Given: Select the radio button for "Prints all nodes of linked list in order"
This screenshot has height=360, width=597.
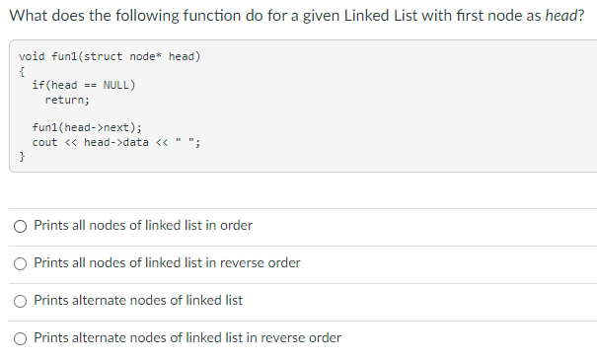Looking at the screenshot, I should (x=21, y=226).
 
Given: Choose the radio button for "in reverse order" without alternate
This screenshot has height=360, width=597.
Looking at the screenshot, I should (x=21, y=263).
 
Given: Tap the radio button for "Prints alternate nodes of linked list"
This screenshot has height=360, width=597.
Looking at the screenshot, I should (x=21, y=300).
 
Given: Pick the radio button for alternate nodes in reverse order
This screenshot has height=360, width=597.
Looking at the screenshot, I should (x=21, y=338).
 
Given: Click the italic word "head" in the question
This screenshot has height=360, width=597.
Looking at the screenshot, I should (x=563, y=17).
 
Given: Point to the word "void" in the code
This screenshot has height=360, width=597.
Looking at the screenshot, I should (x=31, y=56).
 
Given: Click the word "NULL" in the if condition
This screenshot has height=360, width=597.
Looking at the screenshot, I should (x=118, y=85).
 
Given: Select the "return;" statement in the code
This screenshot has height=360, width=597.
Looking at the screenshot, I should (x=67, y=99).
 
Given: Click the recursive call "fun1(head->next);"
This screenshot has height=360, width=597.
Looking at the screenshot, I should (x=87, y=127).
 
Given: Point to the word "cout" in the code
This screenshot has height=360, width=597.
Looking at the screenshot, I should (x=44, y=142).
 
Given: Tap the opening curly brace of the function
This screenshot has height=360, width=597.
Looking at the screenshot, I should (x=22, y=70).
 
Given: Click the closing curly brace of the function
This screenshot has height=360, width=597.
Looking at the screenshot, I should (x=22, y=156).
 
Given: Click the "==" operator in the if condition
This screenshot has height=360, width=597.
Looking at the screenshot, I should (x=90, y=85).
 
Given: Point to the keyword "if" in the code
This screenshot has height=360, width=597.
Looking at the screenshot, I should (x=37, y=85).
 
